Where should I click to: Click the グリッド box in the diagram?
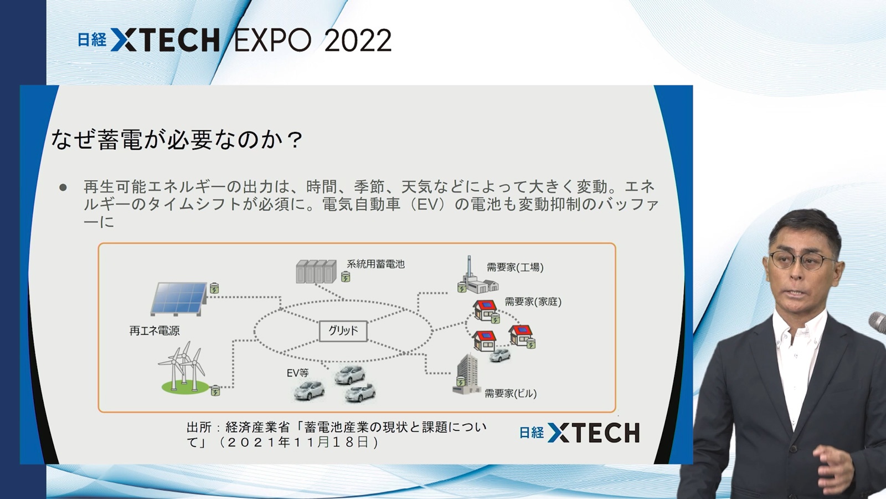tap(343, 330)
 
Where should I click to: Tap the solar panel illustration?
tap(179, 299)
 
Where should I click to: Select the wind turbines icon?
tap(183, 368)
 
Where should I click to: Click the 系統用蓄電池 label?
tap(376, 264)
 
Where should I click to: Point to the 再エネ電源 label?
tap(154, 330)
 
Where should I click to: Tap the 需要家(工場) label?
tap(515, 267)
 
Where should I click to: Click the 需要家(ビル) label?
tap(511, 393)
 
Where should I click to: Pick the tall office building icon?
tap(466, 374)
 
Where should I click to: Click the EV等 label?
tap(298, 373)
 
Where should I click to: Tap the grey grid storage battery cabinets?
tap(316, 271)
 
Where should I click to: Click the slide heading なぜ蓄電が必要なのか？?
tap(177, 139)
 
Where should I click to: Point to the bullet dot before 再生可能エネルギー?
tap(63, 187)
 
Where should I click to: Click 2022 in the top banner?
tap(358, 40)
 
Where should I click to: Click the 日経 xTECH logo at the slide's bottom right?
tap(579, 432)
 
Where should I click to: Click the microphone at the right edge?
tap(878, 322)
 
